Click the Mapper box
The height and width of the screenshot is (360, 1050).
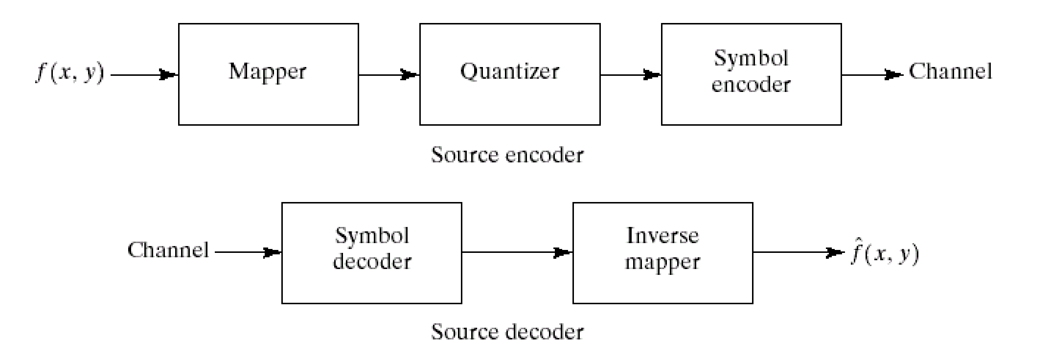(x=268, y=74)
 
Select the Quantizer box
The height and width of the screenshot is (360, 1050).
(x=510, y=74)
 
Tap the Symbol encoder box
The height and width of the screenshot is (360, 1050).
(x=751, y=74)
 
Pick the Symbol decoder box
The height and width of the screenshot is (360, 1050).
(x=371, y=253)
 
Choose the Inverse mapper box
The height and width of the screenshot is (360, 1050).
(x=662, y=253)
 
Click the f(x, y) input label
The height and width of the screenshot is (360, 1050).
(x=69, y=73)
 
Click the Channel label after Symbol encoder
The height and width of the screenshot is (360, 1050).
(x=950, y=72)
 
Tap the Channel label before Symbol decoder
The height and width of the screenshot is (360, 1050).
(x=168, y=250)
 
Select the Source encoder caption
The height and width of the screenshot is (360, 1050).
(x=507, y=156)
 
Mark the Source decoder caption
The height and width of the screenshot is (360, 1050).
(x=507, y=332)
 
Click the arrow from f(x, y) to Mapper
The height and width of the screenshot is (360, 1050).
(x=144, y=75)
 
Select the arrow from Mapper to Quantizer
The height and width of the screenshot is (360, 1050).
(x=389, y=75)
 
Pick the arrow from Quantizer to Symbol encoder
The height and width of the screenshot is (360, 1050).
(x=631, y=75)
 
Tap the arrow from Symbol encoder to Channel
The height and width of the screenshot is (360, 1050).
(x=872, y=75)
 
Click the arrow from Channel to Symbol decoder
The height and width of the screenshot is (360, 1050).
(x=248, y=253)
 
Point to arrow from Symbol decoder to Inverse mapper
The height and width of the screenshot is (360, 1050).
(x=517, y=253)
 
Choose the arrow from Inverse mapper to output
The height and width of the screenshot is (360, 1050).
(x=798, y=253)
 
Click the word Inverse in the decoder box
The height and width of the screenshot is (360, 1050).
(x=662, y=236)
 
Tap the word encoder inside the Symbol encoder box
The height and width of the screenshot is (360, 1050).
(x=751, y=85)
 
